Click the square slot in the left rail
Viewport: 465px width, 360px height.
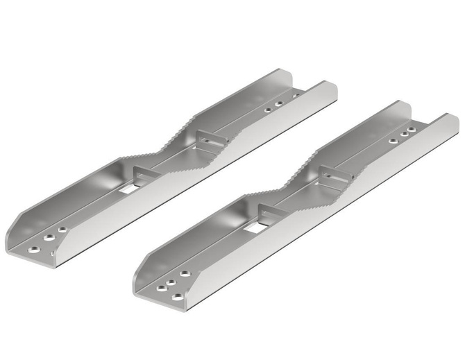tap(127, 188)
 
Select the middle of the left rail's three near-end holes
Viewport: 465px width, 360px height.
tap(49, 237)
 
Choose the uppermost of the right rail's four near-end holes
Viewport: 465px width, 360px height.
tap(184, 273)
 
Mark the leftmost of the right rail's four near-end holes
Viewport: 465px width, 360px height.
tap(160, 286)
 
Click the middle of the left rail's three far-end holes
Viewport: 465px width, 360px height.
tap(278, 104)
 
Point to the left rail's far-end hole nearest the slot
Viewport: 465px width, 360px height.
tap(267, 109)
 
